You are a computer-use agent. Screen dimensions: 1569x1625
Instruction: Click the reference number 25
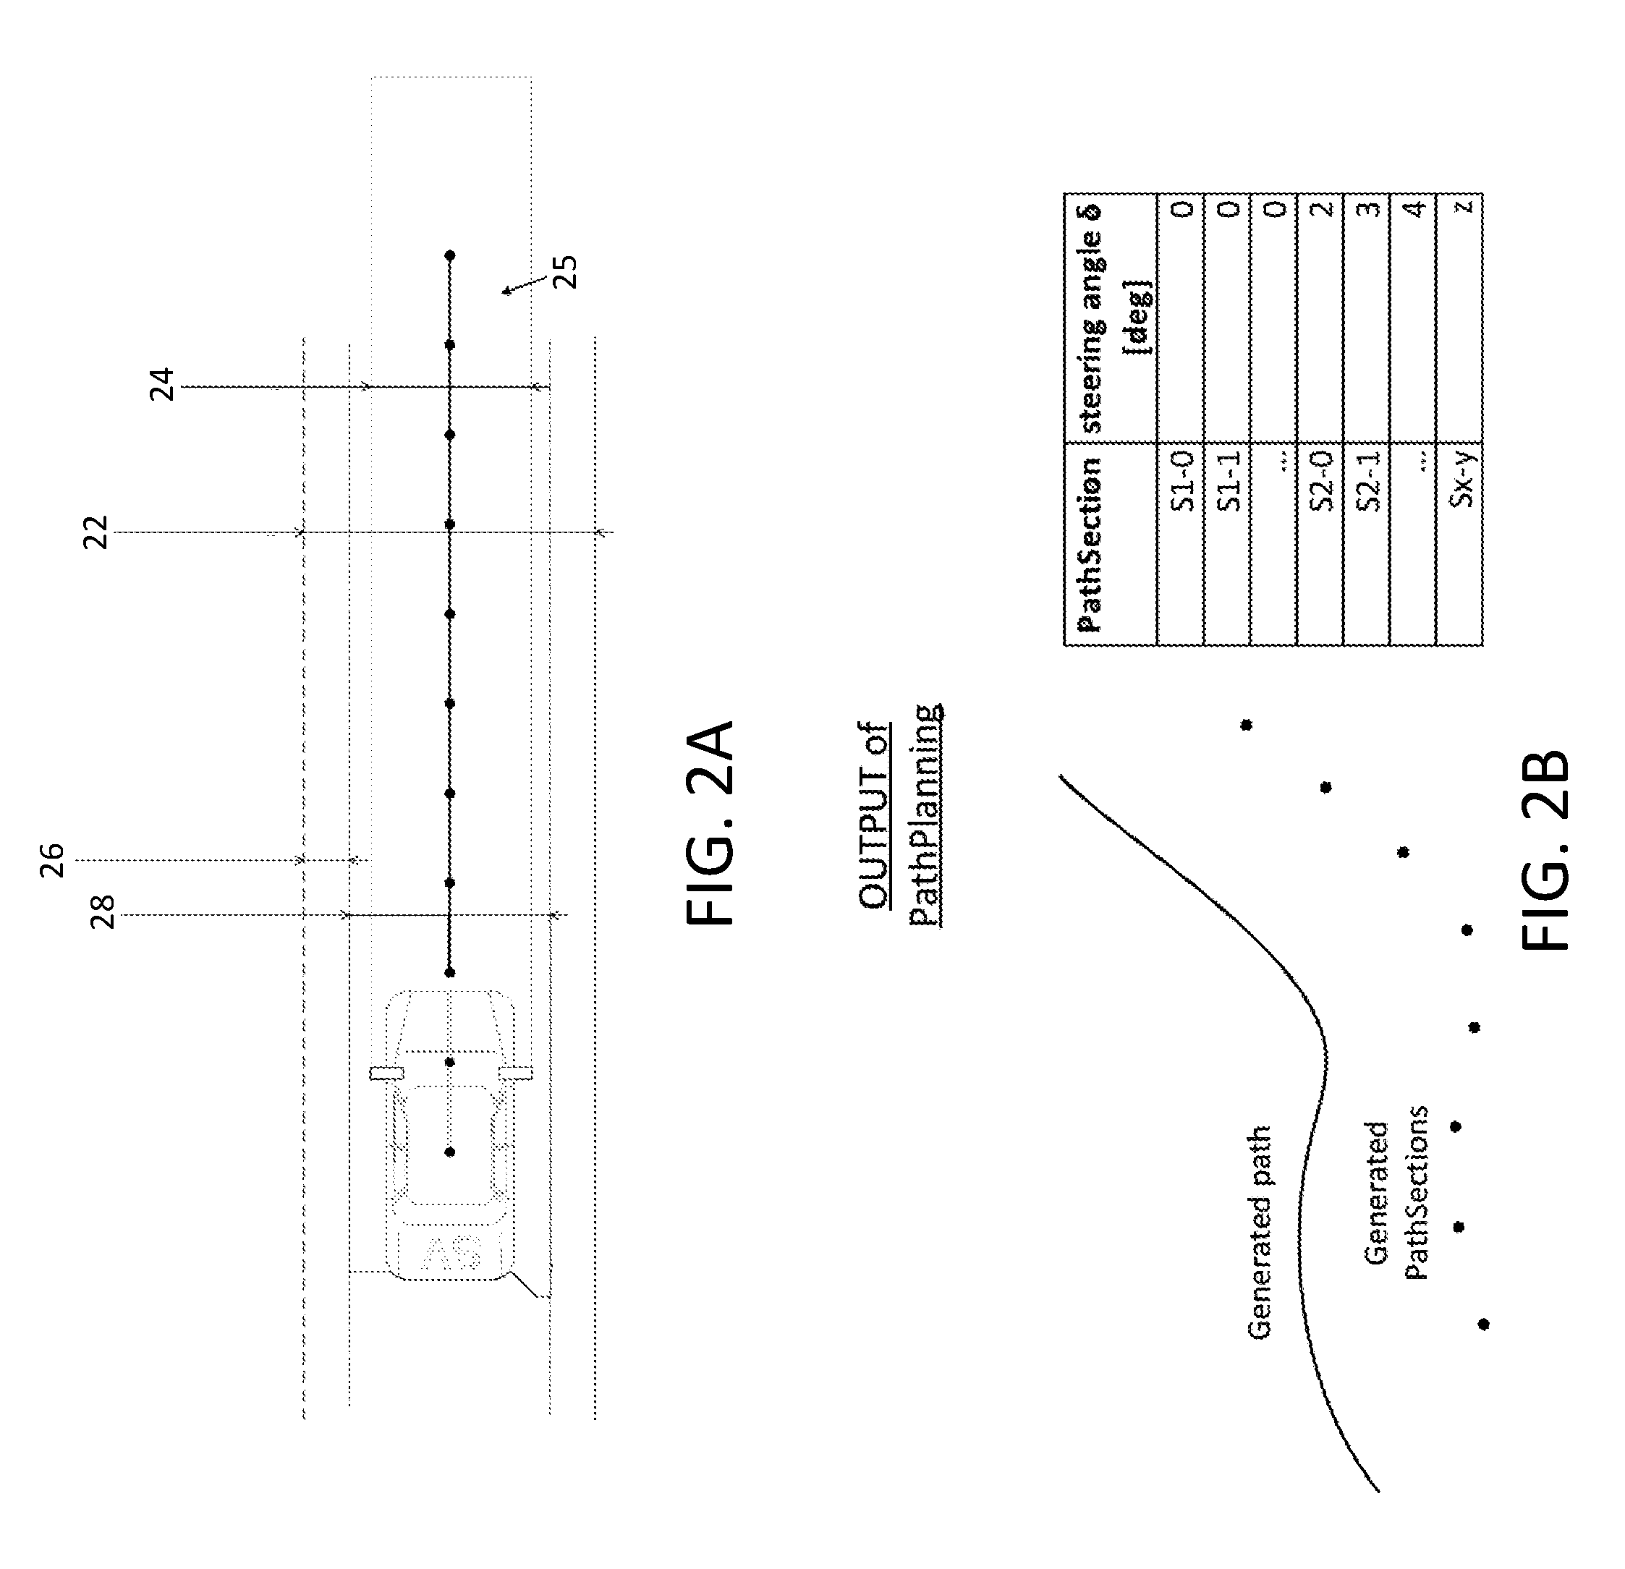click(x=566, y=271)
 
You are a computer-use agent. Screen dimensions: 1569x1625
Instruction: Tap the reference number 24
click(x=163, y=385)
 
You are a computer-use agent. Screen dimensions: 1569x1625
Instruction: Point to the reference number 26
click(x=51, y=860)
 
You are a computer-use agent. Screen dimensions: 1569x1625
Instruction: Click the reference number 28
click(x=103, y=914)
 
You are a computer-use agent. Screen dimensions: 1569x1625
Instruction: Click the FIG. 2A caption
click(x=710, y=822)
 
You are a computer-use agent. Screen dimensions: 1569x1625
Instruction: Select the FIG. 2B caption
click(x=1546, y=849)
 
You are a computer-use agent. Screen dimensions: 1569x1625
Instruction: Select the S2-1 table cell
click(x=1369, y=482)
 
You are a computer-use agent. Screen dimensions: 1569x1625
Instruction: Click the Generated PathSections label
click(x=1396, y=1194)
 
